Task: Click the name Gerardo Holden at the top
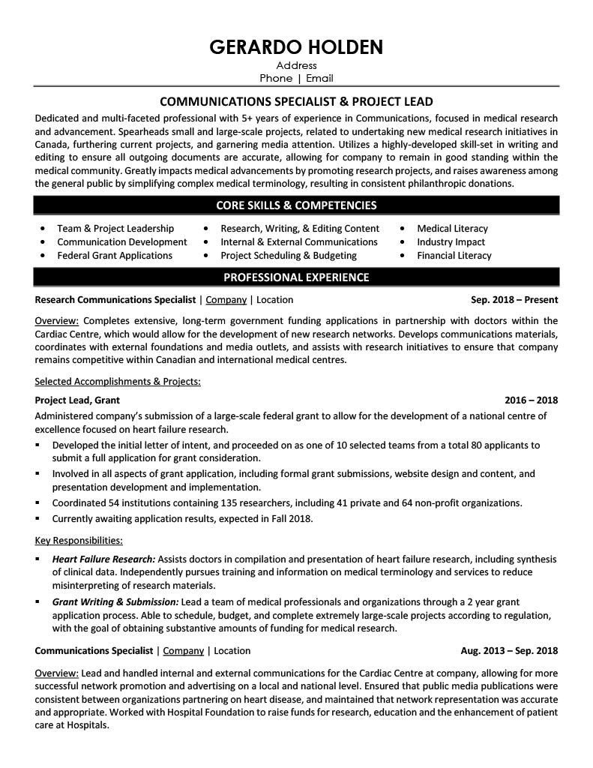point(296,47)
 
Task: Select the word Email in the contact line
point(318,78)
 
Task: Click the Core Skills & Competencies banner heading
point(296,205)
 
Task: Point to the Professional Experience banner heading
point(296,277)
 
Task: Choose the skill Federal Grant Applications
point(115,256)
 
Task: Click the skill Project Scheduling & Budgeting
point(289,256)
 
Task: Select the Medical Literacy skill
point(452,229)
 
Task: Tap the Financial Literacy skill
point(454,256)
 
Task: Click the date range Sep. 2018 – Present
point(509,300)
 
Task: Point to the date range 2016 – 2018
point(532,400)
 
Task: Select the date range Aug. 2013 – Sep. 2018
point(509,651)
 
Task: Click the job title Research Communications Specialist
point(115,300)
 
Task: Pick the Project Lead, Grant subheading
point(77,400)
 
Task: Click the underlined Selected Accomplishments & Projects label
point(118,381)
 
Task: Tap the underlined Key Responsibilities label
point(79,540)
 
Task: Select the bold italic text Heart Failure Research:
point(103,559)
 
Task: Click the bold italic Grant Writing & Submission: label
point(115,602)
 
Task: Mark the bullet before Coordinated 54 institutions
point(38,503)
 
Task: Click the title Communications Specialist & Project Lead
point(296,102)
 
